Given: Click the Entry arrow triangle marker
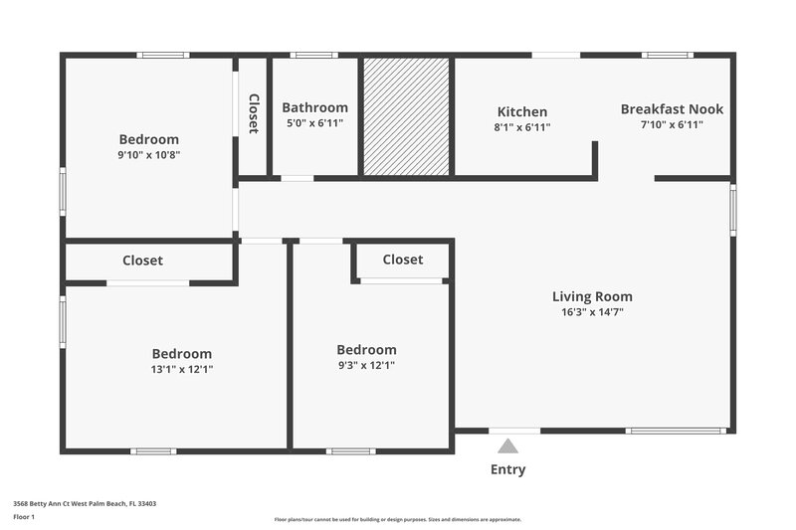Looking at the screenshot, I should coord(508,446).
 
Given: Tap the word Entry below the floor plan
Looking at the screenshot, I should coord(507,469).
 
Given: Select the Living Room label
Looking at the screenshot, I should coord(592,296).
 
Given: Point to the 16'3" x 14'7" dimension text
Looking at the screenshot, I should coord(592,312).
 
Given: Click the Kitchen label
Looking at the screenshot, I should coord(522,112).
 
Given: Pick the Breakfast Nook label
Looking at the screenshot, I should coord(672,109).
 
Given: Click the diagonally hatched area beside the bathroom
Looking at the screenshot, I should coord(406,116).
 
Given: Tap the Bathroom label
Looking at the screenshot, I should coord(314,107).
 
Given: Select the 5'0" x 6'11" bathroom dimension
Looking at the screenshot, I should coord(314,123).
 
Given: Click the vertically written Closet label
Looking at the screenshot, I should coord(253,113).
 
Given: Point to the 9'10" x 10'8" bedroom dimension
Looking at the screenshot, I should coord(148,155).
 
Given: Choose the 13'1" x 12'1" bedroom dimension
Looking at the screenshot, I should coord(181,369).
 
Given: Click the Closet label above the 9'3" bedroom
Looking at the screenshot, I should coord(402,260).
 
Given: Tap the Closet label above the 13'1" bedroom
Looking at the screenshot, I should coord(142,261).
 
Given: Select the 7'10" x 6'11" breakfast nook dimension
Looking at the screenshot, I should coord(672,124).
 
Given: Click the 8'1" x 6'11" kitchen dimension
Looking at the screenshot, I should coord(522,127).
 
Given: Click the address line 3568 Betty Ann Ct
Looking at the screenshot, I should coord(85,503).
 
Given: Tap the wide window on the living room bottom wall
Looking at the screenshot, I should coord(677,431).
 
